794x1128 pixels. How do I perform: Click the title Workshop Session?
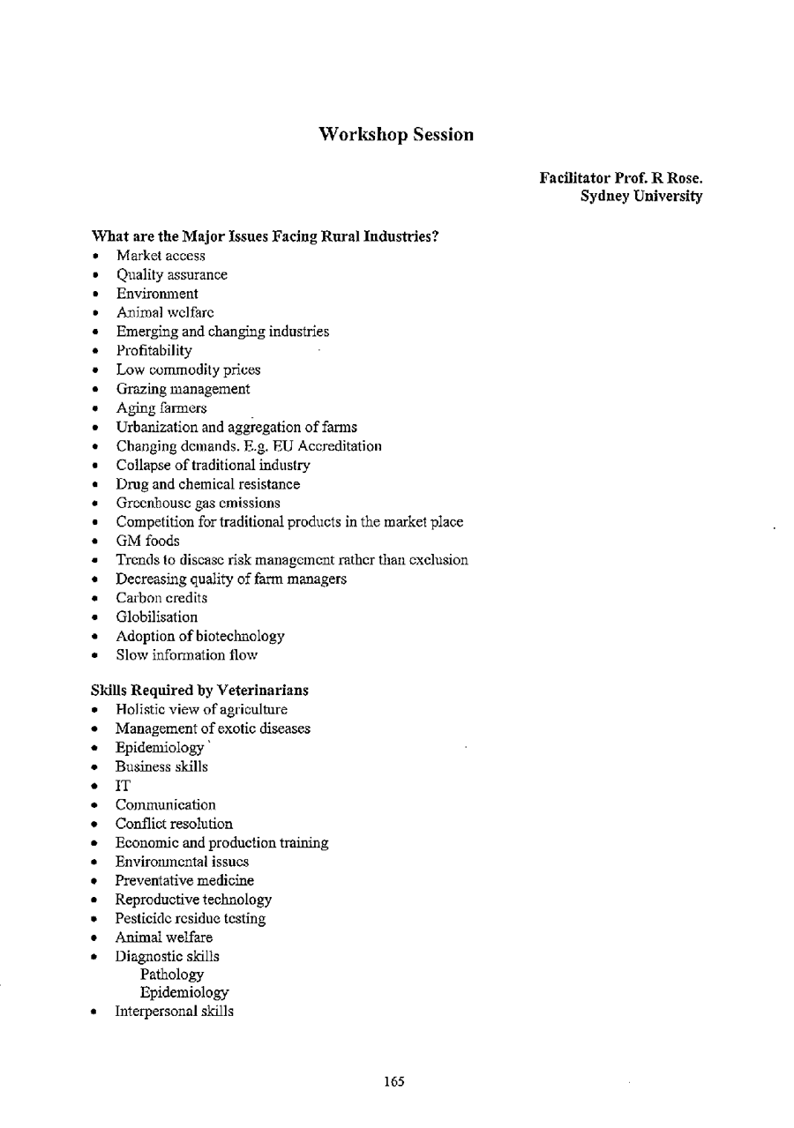[396, 135]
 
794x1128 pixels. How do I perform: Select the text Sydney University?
[641, 197]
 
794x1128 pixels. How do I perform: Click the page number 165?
[394, 1082]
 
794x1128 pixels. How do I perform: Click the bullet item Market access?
[161, 256]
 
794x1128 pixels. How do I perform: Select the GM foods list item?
[147, 541]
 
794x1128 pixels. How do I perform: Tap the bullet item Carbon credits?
[161, 598]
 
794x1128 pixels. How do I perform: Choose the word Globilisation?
[157, 617]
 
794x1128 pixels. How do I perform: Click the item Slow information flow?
[186, 655]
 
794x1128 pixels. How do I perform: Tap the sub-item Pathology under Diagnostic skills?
[171, 975]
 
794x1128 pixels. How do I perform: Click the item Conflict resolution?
[174, 824]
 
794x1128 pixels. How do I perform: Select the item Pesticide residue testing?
[190, 919]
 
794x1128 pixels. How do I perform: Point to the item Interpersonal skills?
[174, 1012]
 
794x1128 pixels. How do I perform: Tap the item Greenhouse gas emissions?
[198, 504]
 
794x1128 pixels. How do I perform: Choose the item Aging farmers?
[161, 408]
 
